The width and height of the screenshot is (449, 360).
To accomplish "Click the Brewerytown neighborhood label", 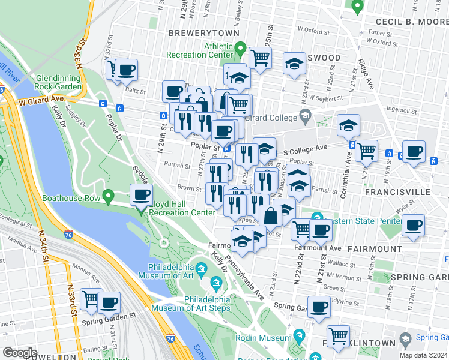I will tap(204, 33).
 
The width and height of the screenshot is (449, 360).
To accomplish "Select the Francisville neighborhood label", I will tap(397, 192).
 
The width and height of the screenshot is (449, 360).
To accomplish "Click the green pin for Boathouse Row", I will tap(108, 196).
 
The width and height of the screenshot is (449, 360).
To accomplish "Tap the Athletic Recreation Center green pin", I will tap(240, 48).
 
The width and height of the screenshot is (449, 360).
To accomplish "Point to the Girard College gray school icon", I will tap(305, 115).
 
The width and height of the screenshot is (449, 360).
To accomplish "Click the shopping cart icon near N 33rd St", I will tap(91, 298).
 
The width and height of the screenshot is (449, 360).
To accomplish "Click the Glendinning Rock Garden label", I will tap(59, 83).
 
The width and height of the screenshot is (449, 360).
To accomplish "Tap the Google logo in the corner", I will tap(20, 353).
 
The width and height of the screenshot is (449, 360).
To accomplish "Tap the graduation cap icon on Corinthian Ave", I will tap(348, 125).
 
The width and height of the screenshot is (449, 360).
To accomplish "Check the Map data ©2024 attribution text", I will tap(423, 355).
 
